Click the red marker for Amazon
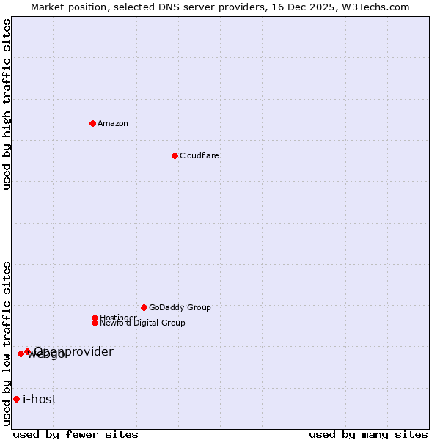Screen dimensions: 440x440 point(92,123)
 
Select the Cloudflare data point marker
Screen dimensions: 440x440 point(175,155)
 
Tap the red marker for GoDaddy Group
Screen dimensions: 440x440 point(144,307)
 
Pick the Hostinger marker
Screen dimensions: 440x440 point(95,318)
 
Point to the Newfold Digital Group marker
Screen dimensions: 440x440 point(95,323)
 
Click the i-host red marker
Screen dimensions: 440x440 point(16,399)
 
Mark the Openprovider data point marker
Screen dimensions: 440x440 point(27,351)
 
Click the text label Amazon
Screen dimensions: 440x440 point(112,123)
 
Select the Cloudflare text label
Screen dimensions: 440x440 point(199,155)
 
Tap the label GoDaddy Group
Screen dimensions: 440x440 point(179,307)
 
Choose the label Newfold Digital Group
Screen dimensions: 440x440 point(142,323)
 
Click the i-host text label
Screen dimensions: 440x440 point(40,399)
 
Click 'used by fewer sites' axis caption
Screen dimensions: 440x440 point(76,434)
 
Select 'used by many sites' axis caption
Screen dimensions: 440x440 point(367,434)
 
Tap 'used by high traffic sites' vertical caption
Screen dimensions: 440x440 point(7,104)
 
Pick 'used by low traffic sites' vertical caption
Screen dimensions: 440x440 point(7,342)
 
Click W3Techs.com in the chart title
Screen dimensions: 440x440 point(376,7)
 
